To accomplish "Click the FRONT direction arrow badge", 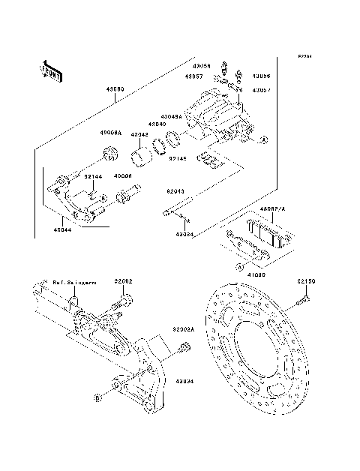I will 51,70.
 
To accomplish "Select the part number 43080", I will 115,90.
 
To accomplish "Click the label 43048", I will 140,135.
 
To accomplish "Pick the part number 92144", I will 93,176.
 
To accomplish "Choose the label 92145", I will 177,158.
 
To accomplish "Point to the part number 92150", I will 304,281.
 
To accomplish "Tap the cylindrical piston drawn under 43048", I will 139,157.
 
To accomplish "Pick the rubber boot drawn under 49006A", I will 110,154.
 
